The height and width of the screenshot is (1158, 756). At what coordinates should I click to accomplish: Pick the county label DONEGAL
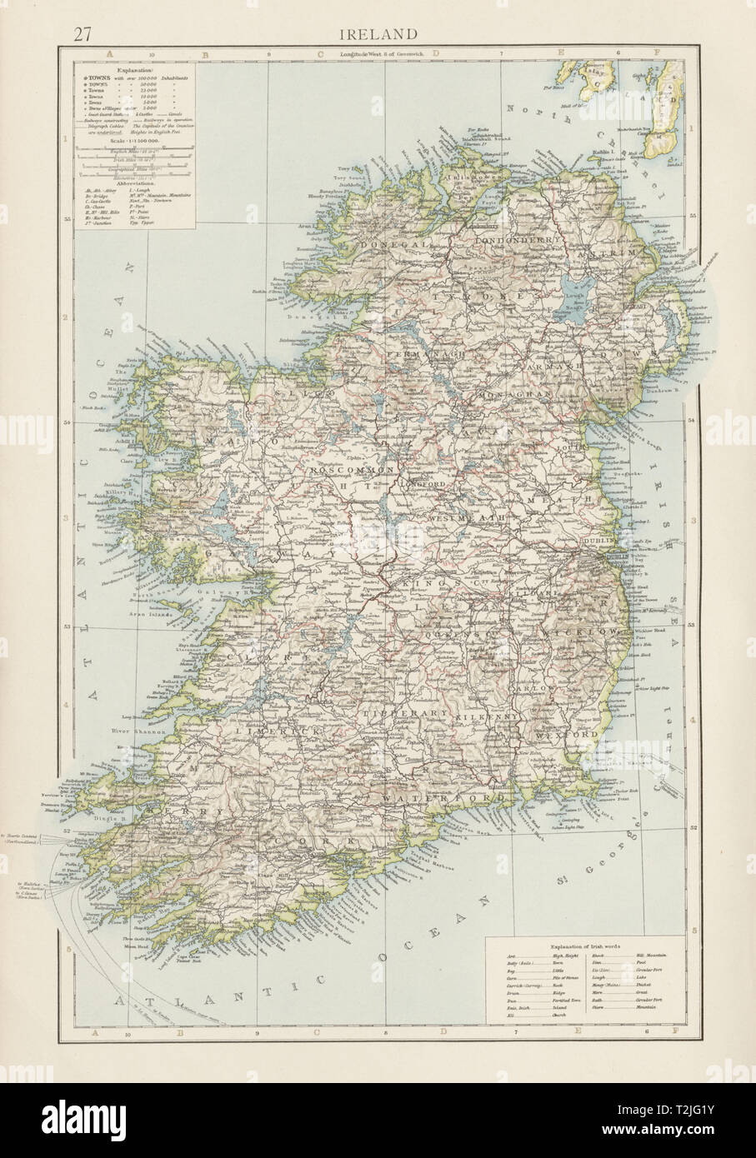pyautogui.click(x=393, y=243)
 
